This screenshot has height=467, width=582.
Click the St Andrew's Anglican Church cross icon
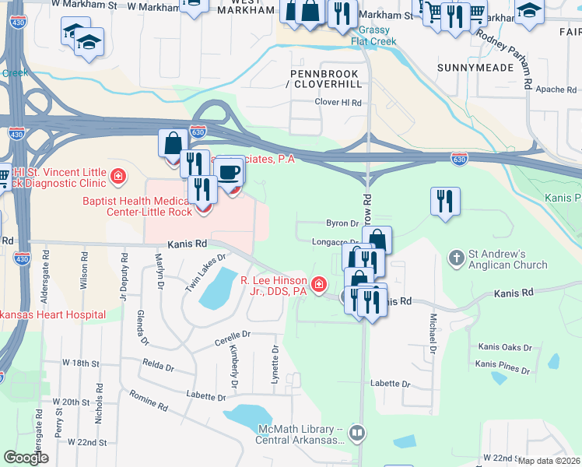456,256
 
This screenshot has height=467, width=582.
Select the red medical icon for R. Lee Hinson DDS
317,287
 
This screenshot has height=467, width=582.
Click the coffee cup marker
229,172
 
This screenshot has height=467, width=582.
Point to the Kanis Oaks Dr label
505,347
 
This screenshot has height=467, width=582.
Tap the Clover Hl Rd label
338,102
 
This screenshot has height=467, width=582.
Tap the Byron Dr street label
340,223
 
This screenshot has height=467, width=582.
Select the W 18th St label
75,363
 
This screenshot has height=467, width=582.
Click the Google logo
26,458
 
